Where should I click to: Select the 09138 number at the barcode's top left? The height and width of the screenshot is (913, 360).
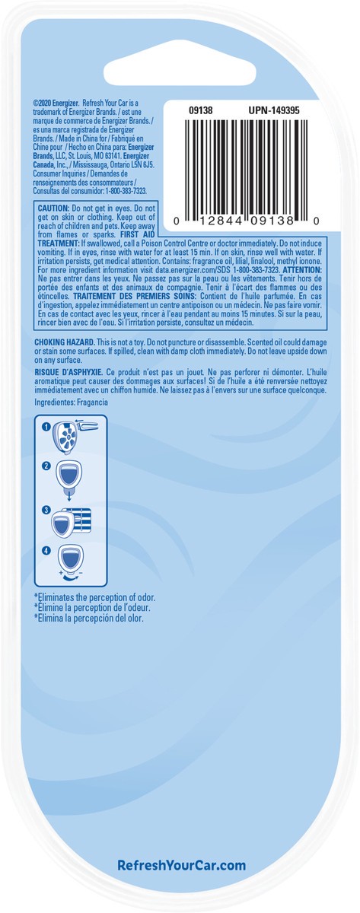click(x=200, y=110)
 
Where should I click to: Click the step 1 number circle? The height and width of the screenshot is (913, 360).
click(x=46, y=427)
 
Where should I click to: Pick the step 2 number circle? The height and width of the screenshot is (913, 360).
click(x=46, y=466)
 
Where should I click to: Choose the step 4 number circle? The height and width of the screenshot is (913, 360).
click(x=46, y=550)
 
